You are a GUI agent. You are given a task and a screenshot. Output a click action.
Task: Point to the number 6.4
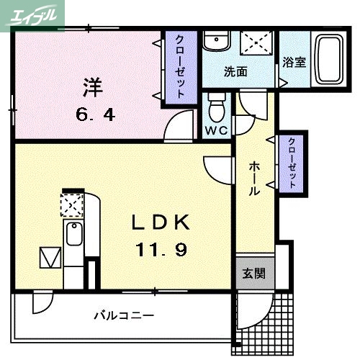pyautogui.click(x=94, y=113)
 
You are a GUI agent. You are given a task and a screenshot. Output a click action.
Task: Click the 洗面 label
pyautogui.click(x=235, y=73)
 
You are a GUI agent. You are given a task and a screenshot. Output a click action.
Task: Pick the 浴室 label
pyautogui.click(x=294, y=62)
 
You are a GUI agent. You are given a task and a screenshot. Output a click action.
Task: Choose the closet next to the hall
pyautogui.click(x=292, y=163)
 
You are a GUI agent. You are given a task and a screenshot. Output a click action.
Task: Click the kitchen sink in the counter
pyautogui.click(x=73, y=235)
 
